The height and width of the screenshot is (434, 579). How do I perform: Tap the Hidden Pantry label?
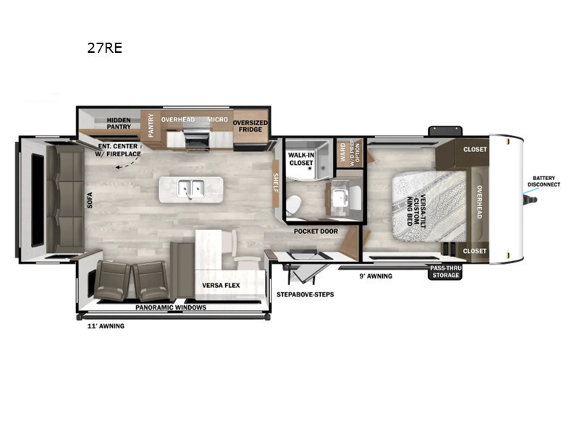(119, 123)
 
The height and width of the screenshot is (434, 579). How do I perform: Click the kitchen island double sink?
(191, 188)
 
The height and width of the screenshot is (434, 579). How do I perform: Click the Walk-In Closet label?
(300, 158)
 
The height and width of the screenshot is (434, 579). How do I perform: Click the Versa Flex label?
(221, 285)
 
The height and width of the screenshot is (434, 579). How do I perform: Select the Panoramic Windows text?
(171, 307)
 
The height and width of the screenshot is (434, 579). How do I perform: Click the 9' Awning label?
(376, 276)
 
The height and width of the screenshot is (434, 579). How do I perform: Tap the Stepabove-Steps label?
(305, 294)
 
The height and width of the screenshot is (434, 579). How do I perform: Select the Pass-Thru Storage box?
(444, 271)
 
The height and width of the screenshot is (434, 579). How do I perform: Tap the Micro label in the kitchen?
(218, 119)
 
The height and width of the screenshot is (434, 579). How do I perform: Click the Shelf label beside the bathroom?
(275, 180)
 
